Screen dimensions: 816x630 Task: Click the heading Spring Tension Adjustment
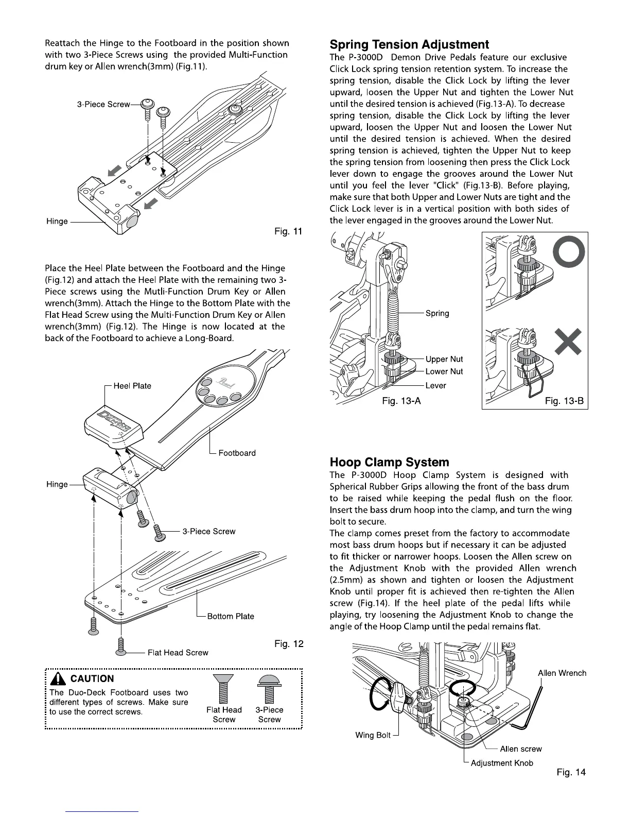[409, 44]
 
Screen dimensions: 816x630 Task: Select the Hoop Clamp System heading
[389, 462]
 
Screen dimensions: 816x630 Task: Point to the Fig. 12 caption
[289, 643]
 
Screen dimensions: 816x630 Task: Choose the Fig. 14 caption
[571, 772]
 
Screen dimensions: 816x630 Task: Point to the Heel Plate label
[132, 386]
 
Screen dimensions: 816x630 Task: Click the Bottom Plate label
[230, 616]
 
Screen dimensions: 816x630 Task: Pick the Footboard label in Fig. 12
[237, 453]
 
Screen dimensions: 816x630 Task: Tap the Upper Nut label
[444, 359]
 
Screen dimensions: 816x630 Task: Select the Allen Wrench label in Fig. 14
[562, 673]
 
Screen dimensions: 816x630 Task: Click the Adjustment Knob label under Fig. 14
[502, 762]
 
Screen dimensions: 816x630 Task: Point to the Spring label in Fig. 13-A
[437, 313]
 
